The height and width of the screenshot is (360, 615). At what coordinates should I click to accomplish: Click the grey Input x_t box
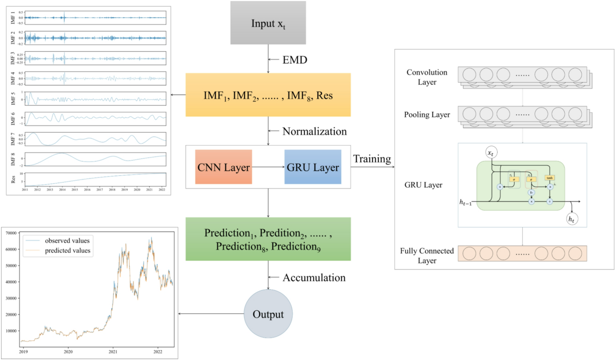(268, 24)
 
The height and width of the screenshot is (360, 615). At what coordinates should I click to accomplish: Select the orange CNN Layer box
(223, 167)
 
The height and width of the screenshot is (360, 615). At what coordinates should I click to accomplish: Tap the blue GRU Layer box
(313, 167)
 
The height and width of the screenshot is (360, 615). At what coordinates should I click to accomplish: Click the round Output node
(268, 313)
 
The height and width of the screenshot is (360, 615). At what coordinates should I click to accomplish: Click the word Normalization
(315, 131)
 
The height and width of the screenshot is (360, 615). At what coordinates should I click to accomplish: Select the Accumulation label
(314, 277)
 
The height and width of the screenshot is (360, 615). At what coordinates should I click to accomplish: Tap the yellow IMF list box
(268, 95)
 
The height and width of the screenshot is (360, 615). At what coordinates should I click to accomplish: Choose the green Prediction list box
(268, 238)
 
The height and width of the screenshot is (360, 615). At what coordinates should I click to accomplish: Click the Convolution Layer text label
(426, 77)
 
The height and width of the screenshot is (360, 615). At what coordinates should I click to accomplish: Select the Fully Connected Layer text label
(426, 255)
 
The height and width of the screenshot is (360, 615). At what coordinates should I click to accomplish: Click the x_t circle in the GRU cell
(491, 153)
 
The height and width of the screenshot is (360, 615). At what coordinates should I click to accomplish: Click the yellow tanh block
(549, 177)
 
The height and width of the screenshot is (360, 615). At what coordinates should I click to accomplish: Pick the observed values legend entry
(67, 241)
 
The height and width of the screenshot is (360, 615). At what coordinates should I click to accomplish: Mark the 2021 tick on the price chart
(113, 353)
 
